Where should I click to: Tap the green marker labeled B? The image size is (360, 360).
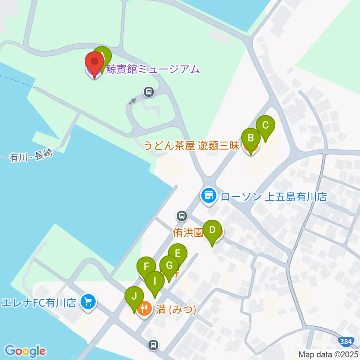tap(251, 138)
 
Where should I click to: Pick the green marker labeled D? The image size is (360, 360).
tap(212, 230)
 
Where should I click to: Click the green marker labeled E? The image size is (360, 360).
tap(177, 253)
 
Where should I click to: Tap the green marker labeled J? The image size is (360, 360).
tap(134, 296)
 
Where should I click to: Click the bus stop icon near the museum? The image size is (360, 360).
tap(149, 91)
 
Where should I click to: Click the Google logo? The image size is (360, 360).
tap(25, 351)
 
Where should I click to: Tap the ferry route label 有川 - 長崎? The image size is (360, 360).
tap(31, 154)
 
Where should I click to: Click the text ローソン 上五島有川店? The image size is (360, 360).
tap(274, 196)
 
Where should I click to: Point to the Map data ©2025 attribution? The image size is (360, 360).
tap(328, 354)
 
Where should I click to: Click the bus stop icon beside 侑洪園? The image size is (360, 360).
tap(182, 216)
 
